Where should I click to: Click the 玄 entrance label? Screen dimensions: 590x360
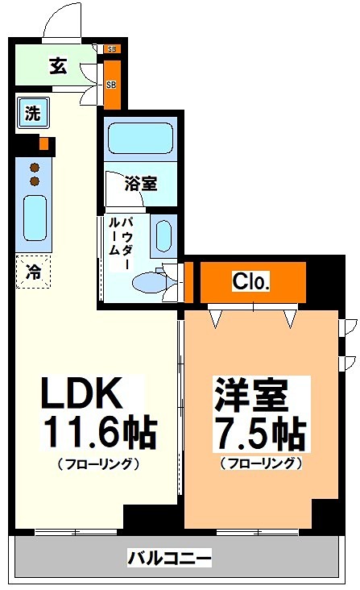[x=57, y=66]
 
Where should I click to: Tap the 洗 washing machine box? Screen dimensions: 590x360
[x=31, y=114]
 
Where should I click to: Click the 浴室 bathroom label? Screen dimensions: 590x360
[x=140, y=183]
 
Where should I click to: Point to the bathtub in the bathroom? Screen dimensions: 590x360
[x=141, y=139]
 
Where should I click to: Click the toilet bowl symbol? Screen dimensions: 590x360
[x=148, y=282]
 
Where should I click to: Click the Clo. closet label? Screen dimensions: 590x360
[x=251, y=281]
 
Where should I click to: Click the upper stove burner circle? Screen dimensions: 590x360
[x=35, y=168]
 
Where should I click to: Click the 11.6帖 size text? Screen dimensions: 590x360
[x=98, y=434]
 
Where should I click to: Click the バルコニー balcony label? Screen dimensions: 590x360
[x=169, y=558]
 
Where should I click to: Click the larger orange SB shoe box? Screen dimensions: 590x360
[x=112, y=84]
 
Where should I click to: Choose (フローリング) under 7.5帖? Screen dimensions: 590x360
[x=259, y=463]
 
